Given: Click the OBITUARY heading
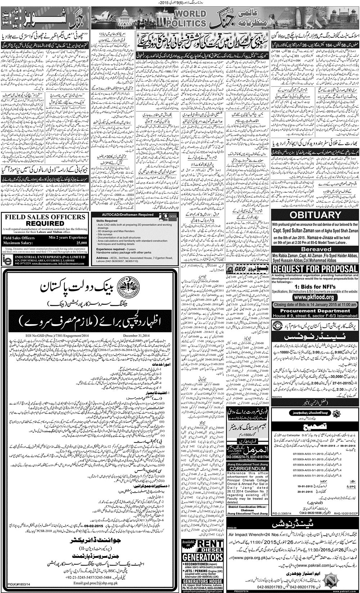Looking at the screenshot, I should (315, 215).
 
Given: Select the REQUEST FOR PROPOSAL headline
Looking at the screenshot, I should (315, 269).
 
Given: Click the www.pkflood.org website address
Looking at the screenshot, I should (315, 297).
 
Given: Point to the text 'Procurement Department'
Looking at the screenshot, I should (315, 311).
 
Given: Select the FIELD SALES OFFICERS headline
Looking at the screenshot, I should (45, 217).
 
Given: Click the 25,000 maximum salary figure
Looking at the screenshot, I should (82, 243).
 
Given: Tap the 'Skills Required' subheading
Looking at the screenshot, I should (107, 220).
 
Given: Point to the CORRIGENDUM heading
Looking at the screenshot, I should (248, 468).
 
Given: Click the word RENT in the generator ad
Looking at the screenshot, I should (210, 544).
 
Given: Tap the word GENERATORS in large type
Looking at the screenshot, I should (202, 558).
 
